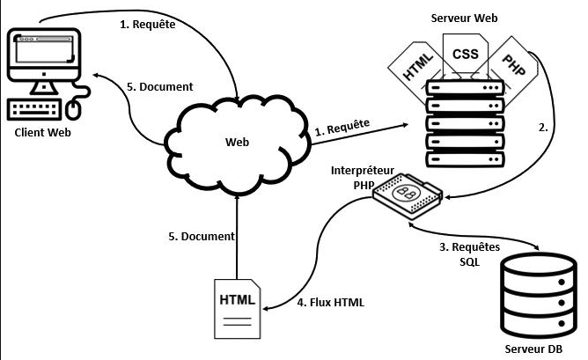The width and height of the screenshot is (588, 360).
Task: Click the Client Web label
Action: coord(42,132)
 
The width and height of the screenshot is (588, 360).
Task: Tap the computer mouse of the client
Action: coord(74,108)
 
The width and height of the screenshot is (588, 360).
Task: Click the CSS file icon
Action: coord(464,55)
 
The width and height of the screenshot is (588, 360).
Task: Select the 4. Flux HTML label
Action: coord(331,302)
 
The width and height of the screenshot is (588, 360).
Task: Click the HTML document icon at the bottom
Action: coord(238,307)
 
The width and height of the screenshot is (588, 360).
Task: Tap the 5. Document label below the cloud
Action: coord(201,236)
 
